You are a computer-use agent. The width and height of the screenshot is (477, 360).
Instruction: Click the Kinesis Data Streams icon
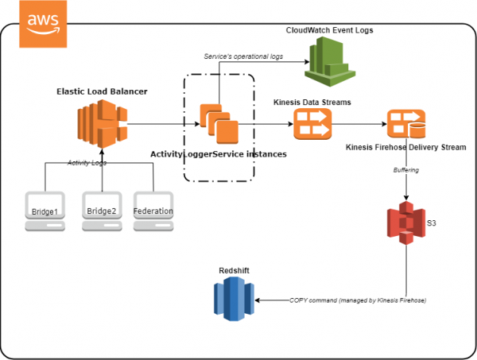click(x=312, y=125)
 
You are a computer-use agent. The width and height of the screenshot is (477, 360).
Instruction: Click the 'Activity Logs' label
click(x=87, y=162)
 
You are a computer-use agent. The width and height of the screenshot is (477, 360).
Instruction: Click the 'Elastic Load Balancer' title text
click(x=102, y=91)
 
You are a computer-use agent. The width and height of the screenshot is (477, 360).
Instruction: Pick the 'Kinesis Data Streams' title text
click(x=312, y=103)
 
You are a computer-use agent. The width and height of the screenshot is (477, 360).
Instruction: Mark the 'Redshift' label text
click(x=234, y=271)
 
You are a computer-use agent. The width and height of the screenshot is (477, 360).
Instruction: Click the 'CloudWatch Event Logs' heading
click(x=329, y=29)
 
